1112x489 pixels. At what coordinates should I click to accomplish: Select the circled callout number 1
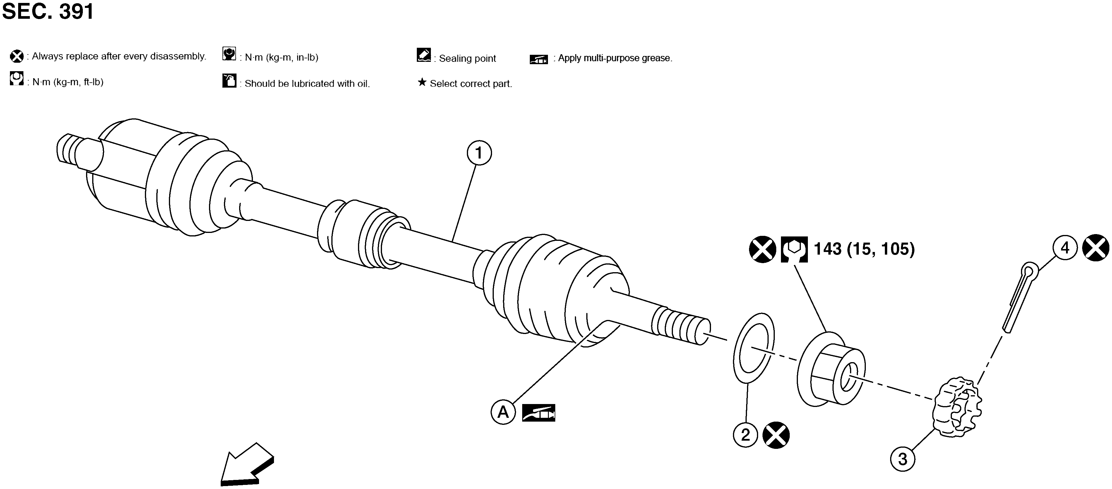click(479, 153)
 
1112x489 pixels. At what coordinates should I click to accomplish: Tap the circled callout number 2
click(746, 435)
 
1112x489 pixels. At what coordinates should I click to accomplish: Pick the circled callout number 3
click(903, 459)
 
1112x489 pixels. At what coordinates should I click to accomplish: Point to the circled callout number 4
click(1065, 248)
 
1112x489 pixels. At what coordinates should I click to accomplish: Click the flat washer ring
click(754, 348)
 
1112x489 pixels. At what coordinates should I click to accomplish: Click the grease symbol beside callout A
click(538, 413)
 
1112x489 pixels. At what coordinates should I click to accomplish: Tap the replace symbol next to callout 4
click(1096, 248)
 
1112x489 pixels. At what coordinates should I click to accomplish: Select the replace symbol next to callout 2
click(776, 435)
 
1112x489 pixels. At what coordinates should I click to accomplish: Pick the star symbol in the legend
click(422, 82)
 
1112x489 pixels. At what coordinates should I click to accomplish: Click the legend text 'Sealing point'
click(467, 58)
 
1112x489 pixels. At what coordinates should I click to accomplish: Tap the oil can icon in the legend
click(229, 80)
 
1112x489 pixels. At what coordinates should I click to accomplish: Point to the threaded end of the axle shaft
click(681, 326)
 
